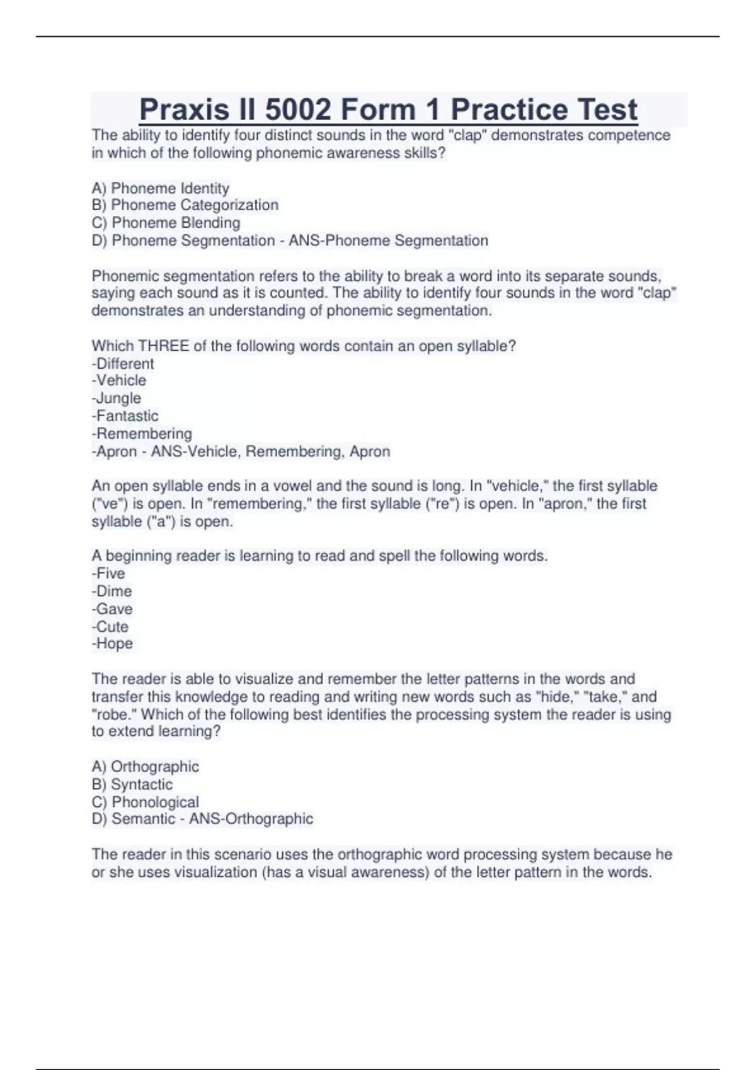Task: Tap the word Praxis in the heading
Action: coord(184,110)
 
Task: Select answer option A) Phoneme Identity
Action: coord(160,188)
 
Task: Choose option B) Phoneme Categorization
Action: coord(185,205)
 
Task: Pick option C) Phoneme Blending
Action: coord(166,223)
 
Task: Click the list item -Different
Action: coord(123,364)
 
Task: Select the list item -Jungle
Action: coord(117,398)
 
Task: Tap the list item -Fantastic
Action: coord(125,416)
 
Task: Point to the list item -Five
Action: coord(108,573)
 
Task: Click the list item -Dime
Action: coord(112,591)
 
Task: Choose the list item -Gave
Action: coord(112,609)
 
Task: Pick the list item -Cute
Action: coord(110,627)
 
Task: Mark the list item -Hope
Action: coord(112,644)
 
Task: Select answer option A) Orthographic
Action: coord(145,767)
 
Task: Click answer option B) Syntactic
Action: coord(132,784)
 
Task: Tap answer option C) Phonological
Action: coord(145,802)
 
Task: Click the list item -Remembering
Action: coord(142,434)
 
